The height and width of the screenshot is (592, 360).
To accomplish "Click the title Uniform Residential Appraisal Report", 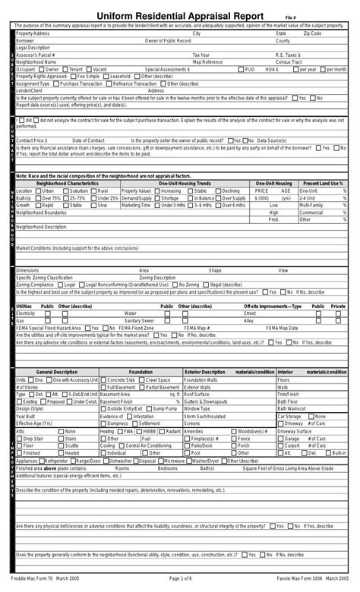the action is coord(180,17).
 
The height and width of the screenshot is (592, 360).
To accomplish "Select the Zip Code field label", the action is coord(312,33).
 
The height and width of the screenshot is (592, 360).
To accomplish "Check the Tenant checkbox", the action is coord(67,68).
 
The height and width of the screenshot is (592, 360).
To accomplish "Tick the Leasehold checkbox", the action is coord(107,76).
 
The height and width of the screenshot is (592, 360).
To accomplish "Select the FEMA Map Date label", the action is coord(282,327).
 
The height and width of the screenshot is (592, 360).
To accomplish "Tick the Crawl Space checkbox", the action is coord(143,379).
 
